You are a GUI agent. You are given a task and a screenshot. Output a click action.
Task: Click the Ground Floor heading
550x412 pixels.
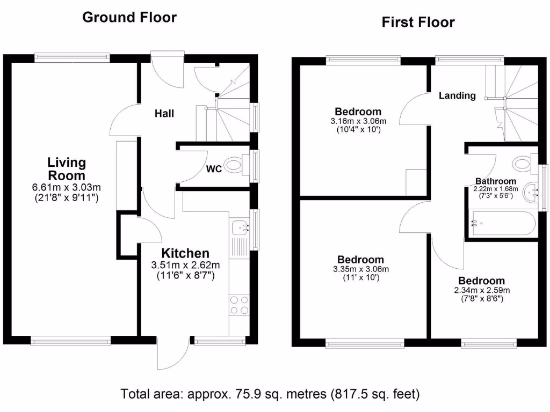coord(129,17)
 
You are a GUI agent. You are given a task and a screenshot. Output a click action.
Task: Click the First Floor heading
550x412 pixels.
coord(418,22)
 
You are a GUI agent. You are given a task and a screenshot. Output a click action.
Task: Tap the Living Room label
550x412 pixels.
coord(67,168)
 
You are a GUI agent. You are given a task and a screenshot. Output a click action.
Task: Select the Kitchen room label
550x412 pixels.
coord(186,253)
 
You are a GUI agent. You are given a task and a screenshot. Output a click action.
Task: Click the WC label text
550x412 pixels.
coord(214,169)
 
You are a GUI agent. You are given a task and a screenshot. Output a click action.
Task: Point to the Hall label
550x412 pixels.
coord(164,113)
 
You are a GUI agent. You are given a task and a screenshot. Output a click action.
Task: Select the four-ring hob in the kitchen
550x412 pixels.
coord(239,305)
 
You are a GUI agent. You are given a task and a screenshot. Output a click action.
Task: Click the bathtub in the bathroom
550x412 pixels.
coord(502,223)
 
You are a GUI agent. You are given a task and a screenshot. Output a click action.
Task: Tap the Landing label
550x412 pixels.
coord(457,95)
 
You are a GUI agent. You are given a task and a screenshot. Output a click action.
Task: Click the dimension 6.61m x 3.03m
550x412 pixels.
coord(67,187)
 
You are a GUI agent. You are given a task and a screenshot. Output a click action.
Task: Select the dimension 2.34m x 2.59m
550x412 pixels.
coord(481,290)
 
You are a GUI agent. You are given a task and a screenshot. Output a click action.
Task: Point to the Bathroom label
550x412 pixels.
coord(495,181)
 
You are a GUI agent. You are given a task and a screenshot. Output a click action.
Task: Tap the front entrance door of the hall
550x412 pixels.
coord(167,70)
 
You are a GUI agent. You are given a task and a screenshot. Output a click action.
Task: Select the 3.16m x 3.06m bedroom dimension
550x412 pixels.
coord(358,121)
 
